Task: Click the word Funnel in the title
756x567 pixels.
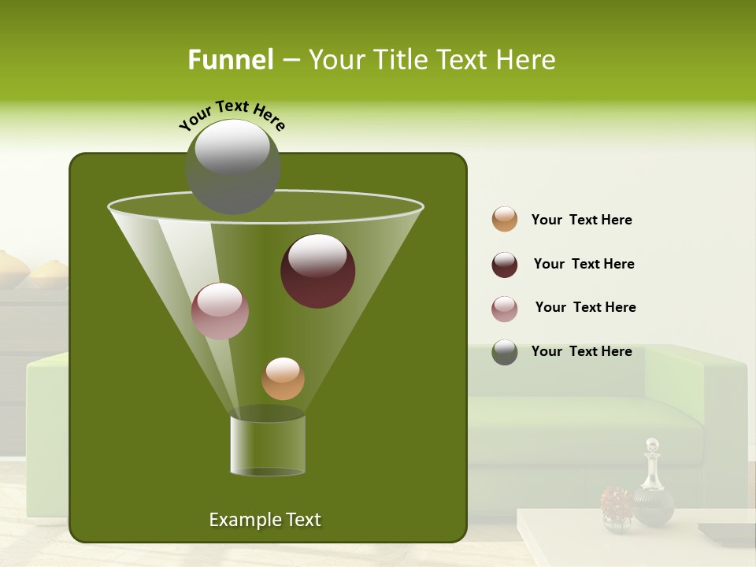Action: pyautogui.click(x=230, y=60)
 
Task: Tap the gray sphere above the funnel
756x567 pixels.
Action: pyautogui.click(x=233, y=166)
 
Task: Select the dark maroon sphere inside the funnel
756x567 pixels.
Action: pyautogui.click(x=318, y=271)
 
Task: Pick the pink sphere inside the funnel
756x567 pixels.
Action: pyautogui.click(x=220, y=311)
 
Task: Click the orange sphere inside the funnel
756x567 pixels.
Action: pyautogui.click(x=283, y=379)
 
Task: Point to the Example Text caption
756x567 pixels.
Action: pyautogui.click(x=265, y=520)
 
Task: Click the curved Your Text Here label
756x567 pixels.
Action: pyautogui.click(x=232, y=114)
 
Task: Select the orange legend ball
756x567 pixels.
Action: pyautogui.click(x=505, y=220)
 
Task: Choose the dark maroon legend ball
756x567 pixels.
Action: pyautogui.click(x=505, y=265)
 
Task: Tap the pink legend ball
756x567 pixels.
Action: pyautogui.click(x=505, y=309)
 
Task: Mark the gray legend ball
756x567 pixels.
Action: pyautogui.click(x=505, y=352)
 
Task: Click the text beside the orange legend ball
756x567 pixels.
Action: pyautogui.click(x=581, y=220)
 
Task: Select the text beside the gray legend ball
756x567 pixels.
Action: pyautogui.click(x=581, y=351)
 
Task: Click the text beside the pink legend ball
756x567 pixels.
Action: pyautogui.click(x=585, y=307)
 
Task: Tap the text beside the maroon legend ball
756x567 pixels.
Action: pyautogui.click(x=584, y=264)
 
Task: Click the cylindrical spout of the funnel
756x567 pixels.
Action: pyautogui.click(x=268, y=445)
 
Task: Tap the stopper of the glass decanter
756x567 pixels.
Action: pyautogui.click(x=651, y=447)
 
